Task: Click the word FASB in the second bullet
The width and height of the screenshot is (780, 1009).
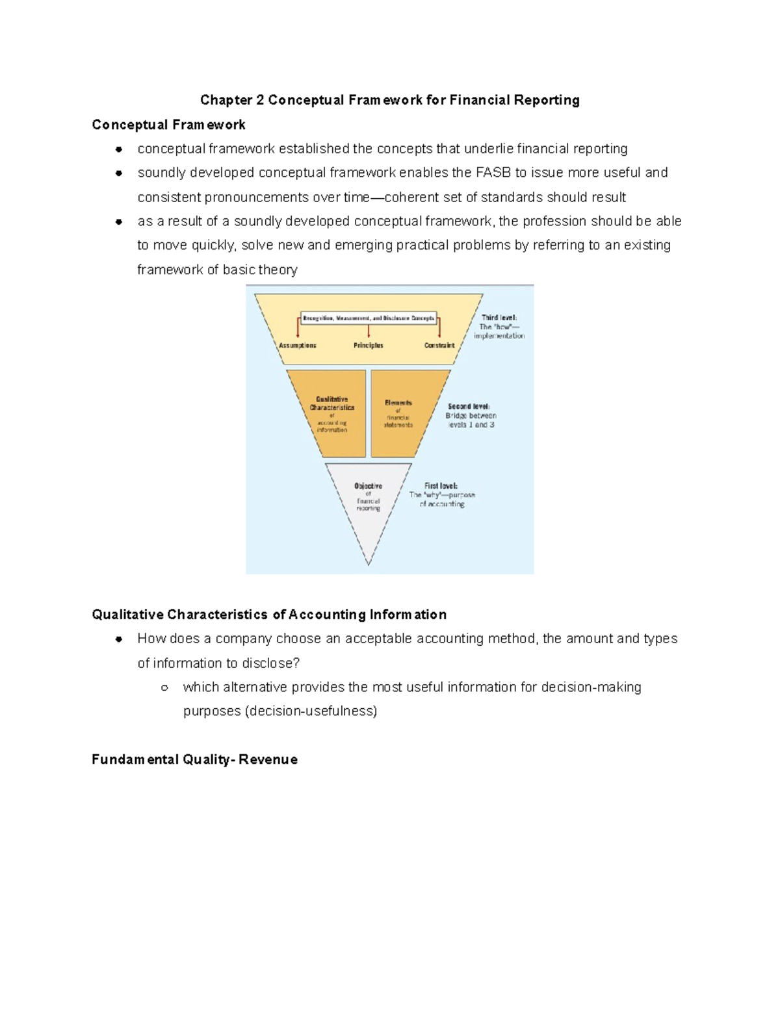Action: (493, 173)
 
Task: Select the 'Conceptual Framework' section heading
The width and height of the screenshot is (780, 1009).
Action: (168, 125)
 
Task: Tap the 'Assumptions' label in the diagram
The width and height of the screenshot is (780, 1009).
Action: (298, 346)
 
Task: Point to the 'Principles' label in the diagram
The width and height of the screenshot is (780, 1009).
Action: (369, 346)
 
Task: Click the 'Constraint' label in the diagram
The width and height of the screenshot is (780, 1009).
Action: (439, 346)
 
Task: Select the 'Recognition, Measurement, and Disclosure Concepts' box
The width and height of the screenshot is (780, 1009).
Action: (369, 318)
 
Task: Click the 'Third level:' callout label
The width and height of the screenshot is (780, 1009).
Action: (499, 318)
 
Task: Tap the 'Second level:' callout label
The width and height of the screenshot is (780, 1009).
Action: (469, 407)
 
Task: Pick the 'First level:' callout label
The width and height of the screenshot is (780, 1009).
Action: (441, 486)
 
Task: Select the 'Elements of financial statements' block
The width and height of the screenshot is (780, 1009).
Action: (398, 414)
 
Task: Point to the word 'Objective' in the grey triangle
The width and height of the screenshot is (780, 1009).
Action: (368, 486)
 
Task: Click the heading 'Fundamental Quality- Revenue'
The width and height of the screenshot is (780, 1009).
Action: (194, 760)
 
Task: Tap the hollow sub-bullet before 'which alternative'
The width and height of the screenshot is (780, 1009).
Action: (164, 687)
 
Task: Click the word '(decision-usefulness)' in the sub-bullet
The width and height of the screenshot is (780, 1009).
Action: (311, 711)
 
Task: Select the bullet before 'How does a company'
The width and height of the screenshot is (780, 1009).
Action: (119, 639)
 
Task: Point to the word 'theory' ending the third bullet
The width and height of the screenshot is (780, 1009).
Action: (278, 270)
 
